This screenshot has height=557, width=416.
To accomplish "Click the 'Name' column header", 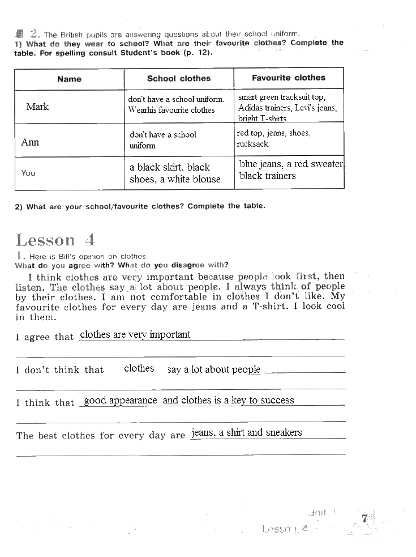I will coord(69,79).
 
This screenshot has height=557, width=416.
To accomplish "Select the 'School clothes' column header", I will coord(179,79).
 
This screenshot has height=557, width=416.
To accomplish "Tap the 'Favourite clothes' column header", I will coord(289,78).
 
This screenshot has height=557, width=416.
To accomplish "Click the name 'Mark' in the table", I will coord(37,107).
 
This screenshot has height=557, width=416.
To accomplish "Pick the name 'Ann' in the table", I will coord(30,142).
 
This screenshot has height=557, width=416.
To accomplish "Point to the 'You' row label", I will coord(28,173).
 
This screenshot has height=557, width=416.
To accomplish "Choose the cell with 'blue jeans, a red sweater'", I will coord(291,170).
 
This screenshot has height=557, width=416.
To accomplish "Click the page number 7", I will coord(364,518).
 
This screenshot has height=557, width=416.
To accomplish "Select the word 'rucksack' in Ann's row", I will coord(252,144).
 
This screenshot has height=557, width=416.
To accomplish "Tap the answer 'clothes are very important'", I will coord(135,334).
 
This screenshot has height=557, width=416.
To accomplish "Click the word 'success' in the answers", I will coord(278,400).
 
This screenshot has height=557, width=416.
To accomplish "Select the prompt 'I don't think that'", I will coord(60,370).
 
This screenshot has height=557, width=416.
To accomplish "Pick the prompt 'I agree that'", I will coord(45,337).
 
